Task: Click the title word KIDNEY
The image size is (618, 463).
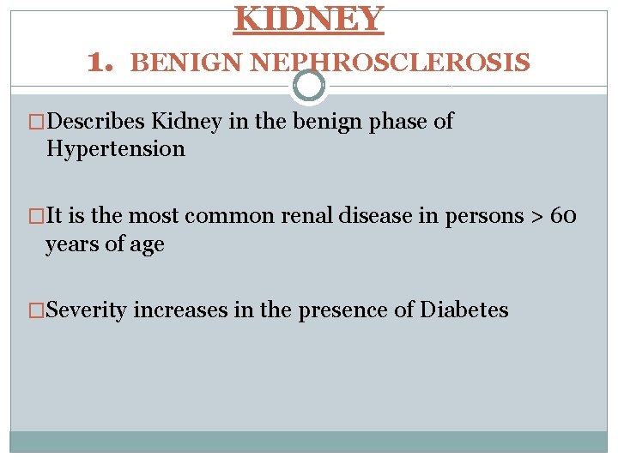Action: [309, 18]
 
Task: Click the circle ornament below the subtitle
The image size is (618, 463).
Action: [309, 86]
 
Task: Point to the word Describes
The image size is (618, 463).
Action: [97, 123]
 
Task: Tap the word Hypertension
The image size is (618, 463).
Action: [115, 149]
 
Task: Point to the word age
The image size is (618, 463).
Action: [147, 245]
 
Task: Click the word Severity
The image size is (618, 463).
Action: [89, 310]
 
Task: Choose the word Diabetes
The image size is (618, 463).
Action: [464, 310]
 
